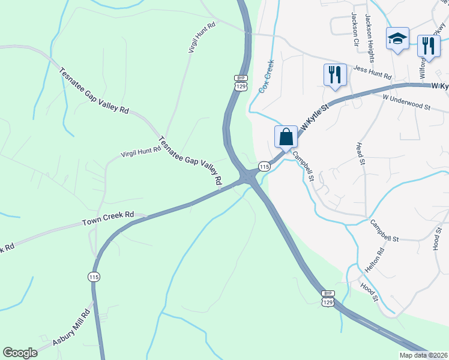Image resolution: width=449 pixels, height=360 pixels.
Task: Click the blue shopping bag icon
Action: [286, 136]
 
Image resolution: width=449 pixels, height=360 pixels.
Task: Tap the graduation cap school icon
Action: [397, 39]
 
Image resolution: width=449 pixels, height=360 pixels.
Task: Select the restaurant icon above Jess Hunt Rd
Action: [334, 74]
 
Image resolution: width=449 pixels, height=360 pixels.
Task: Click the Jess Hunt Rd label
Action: [372, 73]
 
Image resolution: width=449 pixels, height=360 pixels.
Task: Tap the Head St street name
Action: [360, 153]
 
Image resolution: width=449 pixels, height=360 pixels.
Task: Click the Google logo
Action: [20, 352]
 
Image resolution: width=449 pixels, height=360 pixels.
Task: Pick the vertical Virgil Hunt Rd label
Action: [202, 39]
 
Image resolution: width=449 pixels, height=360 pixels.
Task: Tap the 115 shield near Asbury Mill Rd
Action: [93, 277]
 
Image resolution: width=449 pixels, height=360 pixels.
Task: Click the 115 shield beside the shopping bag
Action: [264, 166]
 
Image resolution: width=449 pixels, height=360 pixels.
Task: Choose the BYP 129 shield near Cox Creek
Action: [241, 83]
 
